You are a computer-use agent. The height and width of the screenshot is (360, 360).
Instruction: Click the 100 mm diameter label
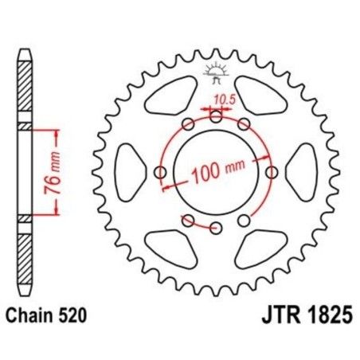[216, 171]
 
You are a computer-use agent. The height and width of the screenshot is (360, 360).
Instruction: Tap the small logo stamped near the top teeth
[216, 71]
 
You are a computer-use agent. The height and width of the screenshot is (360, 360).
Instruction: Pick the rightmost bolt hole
[272, 173]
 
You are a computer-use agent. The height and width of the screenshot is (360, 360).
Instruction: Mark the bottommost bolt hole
[216, 228]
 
